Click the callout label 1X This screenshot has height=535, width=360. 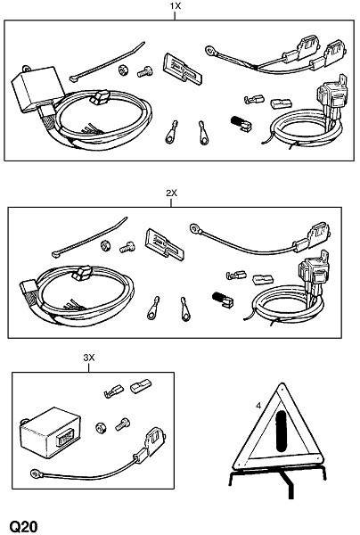[x=176, y=6]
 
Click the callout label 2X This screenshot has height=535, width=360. [x=171, y=193]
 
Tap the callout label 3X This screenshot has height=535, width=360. [x=88, y=358]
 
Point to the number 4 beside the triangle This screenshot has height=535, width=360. [x=258, y=406]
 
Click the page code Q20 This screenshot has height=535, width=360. [x=23, y=526]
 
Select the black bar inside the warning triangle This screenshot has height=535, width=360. [x=282, y=432]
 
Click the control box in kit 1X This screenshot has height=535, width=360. [x=37, y=88]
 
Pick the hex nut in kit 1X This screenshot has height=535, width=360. [x=122, y=70]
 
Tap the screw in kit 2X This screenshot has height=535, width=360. [x=127, y=247]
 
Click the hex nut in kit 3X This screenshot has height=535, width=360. [x=101, y=427]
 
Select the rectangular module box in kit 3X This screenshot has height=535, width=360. [x=49, y=432]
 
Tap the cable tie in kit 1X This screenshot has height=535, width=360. [x=107, y=62]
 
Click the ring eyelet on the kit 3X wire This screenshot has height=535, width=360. [x=35, y=473]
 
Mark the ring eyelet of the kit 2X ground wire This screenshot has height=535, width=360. [x=194, y=227]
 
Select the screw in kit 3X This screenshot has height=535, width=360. [x=122, y=424]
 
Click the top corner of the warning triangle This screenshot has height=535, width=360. [x=282, y=383]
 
